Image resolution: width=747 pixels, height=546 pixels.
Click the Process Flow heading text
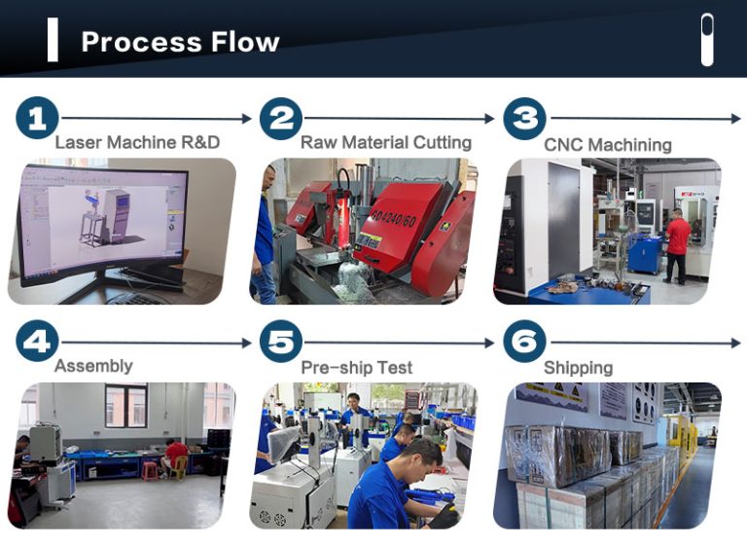tap(180, 42)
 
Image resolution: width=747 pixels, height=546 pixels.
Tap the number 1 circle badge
tap(37, 119)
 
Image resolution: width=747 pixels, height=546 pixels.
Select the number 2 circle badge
tap(281, 119)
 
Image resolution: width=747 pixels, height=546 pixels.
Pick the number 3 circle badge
tap(525, 119)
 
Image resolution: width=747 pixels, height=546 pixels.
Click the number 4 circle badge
tap(37, 342)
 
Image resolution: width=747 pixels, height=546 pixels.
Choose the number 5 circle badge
tap(281, 342)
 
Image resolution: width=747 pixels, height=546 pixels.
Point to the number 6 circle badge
tap(525, 342)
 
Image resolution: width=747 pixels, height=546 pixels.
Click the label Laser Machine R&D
tap(137, 142)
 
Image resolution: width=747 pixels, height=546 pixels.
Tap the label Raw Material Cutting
tap(385, 142)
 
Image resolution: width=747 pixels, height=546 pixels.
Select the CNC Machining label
tap(607, 145)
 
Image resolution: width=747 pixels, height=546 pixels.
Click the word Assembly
tap(93, 366)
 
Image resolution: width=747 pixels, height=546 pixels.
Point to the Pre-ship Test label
tap(356, 368)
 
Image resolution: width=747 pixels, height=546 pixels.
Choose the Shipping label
tap(578, 368)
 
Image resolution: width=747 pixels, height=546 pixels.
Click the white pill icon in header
tap(707, 40)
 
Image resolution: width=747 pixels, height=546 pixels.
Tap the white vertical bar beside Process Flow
tap(53, 41)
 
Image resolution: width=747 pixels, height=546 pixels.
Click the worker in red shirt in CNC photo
tap(677, 243)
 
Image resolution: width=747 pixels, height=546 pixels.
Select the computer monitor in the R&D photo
tap(102, 219)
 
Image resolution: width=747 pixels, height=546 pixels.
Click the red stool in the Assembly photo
tap(150, 470)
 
